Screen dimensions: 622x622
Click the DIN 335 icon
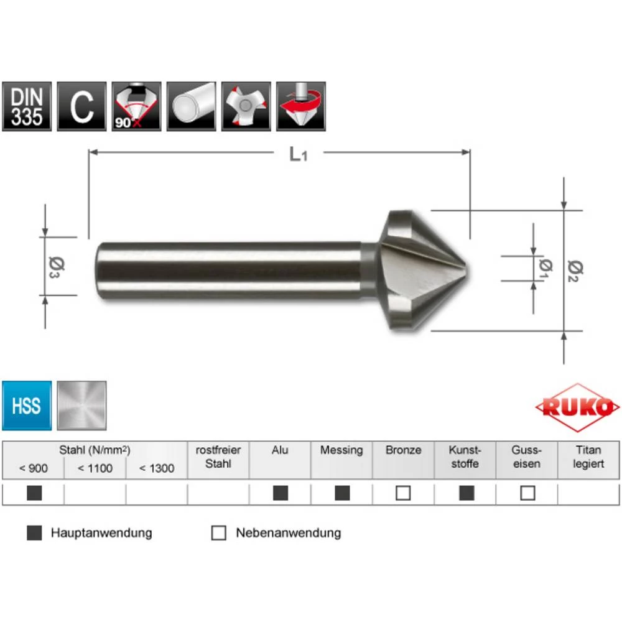click(x=27, y=106)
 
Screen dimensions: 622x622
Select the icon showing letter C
click(x=81, y=106)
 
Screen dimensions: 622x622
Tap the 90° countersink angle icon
click(x=137, y=106)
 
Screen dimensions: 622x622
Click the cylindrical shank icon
click(x=192, y=106)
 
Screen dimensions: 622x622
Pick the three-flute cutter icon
click(x=246, y=106)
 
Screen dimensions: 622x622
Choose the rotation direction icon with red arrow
click(x=301, y=106)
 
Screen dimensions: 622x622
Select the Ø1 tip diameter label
click(x=545, y=267)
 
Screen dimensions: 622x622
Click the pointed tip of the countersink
click(x=466, y=269)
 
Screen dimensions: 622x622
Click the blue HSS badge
click(x=27, y=406)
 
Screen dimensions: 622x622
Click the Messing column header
click(x=341, y=450)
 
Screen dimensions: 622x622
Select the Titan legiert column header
click(x=588, y=457)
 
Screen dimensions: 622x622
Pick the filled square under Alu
click(x=281, y=493)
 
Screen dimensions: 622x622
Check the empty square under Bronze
click(x=403, y=493)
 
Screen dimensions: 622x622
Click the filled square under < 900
click(x=34, y=493)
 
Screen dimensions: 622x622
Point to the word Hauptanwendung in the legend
click(x=101, y=533)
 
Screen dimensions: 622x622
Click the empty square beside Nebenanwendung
click(x=218, y=533)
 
